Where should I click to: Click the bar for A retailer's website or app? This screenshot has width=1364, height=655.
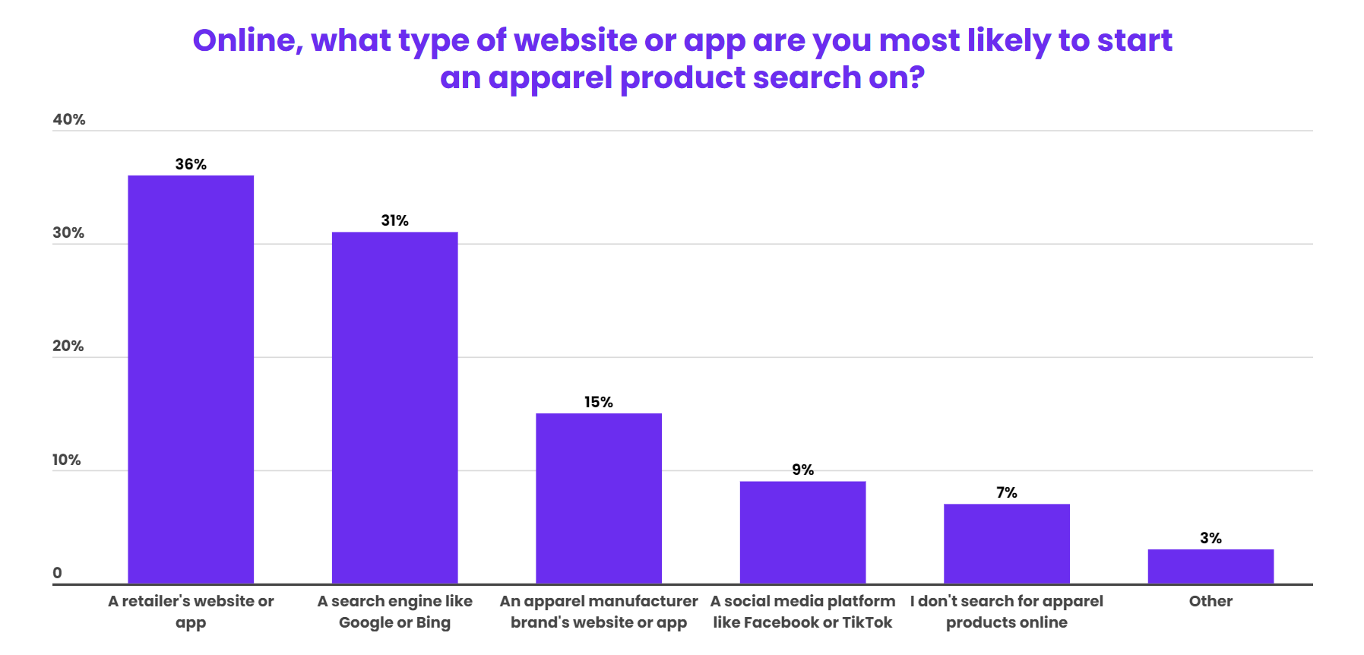pos(191,379)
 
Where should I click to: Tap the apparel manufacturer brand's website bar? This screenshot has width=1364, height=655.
pos(599,498)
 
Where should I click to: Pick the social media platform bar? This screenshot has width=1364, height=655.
pos(802,532)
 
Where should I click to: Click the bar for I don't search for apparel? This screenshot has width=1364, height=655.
pos(1006,543)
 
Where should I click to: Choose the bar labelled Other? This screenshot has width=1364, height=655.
pos(1211,566)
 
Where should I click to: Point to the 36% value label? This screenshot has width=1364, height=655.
pos(191,164)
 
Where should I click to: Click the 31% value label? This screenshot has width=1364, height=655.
pos(394,220)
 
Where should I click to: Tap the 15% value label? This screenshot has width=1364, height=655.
pos(599,402)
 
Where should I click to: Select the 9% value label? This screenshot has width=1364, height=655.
pos(802,470)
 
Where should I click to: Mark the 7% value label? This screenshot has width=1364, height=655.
pos(1006,492)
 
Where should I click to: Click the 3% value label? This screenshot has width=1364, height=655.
pos(1211,538)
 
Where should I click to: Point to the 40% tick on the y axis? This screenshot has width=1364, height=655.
pos(68,119)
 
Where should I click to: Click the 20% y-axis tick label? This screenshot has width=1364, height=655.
pos(68,346)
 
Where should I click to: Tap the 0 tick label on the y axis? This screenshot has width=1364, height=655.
pos(57,573)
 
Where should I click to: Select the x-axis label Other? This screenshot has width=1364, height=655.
pos(1211,601)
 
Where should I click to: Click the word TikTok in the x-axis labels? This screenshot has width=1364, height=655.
pos(867,622)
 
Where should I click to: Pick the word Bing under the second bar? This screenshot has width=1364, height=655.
pos(433,622)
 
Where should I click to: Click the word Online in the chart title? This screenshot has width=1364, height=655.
pos(247,40)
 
